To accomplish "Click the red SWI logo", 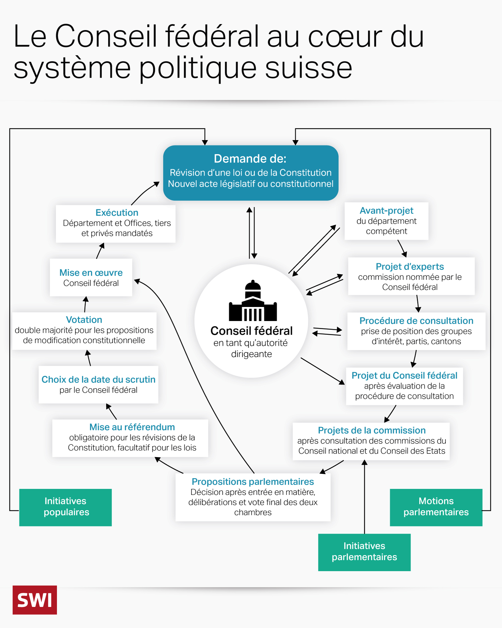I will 35,600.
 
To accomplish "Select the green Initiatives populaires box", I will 66,507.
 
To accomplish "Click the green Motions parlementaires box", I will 436,507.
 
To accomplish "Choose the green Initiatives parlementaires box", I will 364,552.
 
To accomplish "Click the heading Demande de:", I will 250,159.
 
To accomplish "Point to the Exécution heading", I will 117,213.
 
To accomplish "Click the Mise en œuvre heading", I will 91,273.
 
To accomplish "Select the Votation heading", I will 84,320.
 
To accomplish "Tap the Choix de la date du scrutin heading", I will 98,380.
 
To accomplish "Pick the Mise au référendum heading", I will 132,427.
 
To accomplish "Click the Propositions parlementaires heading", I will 253,482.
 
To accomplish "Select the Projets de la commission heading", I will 371,430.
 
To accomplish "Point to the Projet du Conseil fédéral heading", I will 404,376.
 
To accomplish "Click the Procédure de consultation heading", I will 416,321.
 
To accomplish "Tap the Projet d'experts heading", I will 410,267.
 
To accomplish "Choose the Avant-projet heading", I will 387,211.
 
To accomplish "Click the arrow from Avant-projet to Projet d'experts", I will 402,248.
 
